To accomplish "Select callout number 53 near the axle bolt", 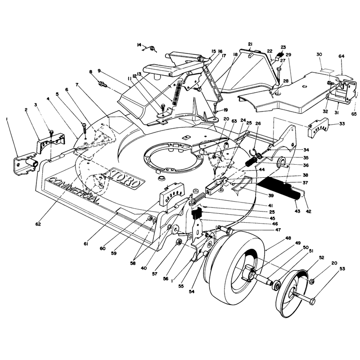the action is coord(342,268).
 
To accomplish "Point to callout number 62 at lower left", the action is coord(38,224).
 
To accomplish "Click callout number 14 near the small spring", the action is coord(139,45).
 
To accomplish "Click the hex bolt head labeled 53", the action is coord(312,301).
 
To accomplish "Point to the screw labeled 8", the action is coord(103,84).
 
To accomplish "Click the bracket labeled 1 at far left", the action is coord(24,164).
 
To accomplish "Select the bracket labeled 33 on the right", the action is coord(318,128).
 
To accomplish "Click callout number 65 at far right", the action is coord(354,114).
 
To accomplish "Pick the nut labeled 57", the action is coord(179,242).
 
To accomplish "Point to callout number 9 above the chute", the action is coord(99,71).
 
